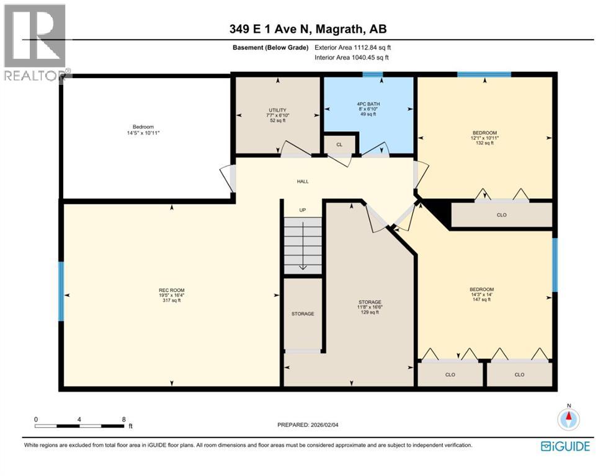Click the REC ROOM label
coord(171,290)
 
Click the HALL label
coord(303,181)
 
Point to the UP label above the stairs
coord(303,210)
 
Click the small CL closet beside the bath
coord(339,144)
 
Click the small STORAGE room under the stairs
coord(303,314)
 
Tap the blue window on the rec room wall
coord(61,291)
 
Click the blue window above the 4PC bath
coord(373,74)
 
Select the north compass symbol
coord(568,420)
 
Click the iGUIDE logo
coord(565,446)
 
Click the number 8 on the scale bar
coord(124,419)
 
